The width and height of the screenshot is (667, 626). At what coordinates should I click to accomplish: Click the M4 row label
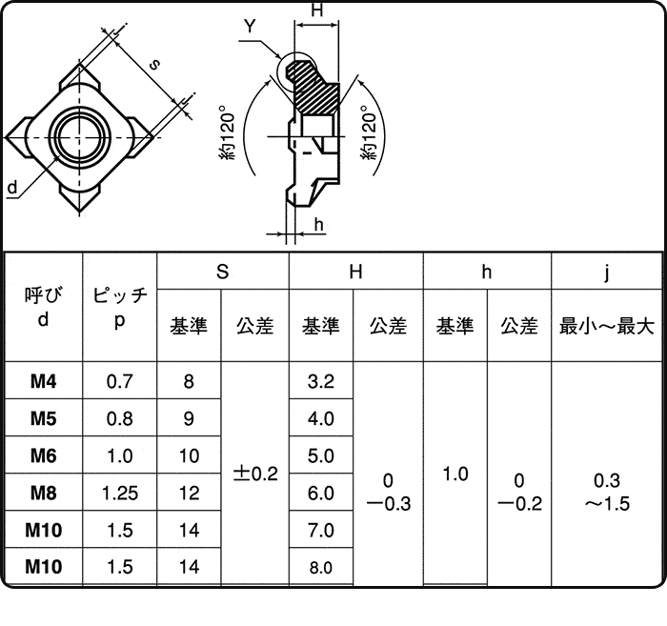click(x=43, y=382)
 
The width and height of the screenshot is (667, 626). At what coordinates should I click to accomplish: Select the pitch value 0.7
click(x=119, y=382)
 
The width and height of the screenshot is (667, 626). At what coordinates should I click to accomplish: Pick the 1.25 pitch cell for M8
click(x=119, y=494)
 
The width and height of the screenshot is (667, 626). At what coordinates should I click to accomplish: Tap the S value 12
click(x=189, y=494)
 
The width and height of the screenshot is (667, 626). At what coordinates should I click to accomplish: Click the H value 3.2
click(x=321, y=382)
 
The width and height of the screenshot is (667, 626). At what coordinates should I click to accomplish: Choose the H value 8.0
click(x=321, y=568)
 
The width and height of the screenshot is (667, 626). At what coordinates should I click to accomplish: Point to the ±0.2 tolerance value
click(x=254, y=474)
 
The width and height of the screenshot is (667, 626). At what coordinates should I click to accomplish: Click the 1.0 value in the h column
click(x=455, y=474)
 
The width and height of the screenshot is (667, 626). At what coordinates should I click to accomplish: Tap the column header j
click(x=607, y=273)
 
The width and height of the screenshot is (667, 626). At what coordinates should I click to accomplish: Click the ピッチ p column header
click(x=119, y=308)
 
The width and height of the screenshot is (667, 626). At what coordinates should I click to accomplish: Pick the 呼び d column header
click(x=43, y=308)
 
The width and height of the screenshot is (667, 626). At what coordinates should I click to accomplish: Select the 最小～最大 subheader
click(x=607, y=326)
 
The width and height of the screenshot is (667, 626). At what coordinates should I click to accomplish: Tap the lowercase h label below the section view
click(x=319, y=225)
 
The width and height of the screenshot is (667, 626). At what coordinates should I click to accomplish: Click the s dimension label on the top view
click(x=154, y=64)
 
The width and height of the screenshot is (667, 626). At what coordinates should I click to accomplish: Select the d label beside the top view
click(x=11, y=188)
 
